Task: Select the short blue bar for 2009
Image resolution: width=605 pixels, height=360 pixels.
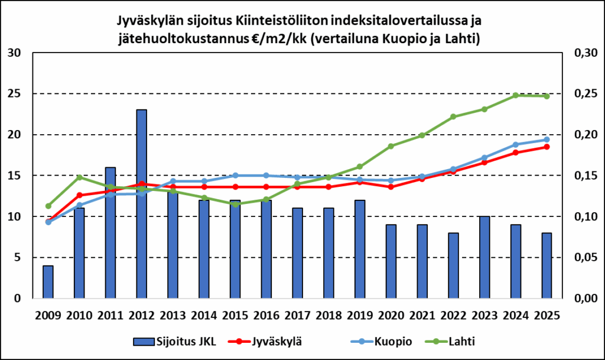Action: [48, 282]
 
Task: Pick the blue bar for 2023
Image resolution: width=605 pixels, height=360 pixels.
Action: [484, 257]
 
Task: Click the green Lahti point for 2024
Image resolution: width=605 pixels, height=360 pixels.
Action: [516, 95]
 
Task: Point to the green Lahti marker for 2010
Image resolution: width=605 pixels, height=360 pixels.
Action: [79, 177]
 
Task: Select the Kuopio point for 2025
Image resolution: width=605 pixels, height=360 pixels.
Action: [547, 140]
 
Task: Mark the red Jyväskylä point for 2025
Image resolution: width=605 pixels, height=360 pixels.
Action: [547, 147]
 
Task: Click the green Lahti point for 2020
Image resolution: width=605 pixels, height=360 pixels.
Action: [391, 146]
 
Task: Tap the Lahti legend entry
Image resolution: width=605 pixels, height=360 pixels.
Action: [455, 341]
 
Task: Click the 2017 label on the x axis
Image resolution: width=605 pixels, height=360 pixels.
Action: [297, 314]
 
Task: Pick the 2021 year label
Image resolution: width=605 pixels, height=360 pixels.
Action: [422, 314]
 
